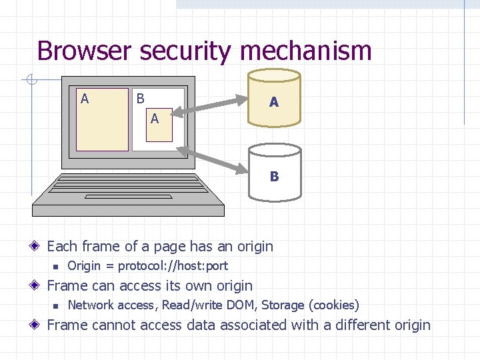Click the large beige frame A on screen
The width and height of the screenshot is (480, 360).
[102, 120]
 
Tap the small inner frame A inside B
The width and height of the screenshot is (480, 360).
[159, 124]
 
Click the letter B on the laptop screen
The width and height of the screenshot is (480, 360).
[140, 99]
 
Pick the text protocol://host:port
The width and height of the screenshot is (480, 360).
[173, 266]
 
